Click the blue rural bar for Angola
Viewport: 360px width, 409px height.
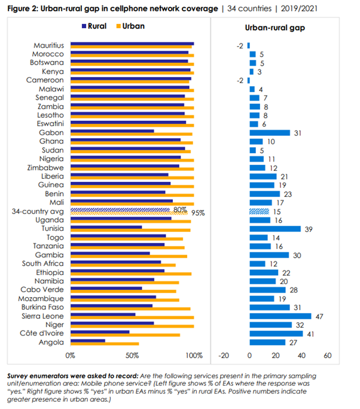(x=88, y=341)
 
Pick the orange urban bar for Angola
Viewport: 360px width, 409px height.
(x=105, y=344)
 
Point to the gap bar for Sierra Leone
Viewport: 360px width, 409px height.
(x=279, y=316)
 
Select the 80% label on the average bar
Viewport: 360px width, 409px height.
(x=179, y=210)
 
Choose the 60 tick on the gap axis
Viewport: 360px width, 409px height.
(x=328, y=355)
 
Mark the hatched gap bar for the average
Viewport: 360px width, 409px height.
(x=260, y=212)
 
